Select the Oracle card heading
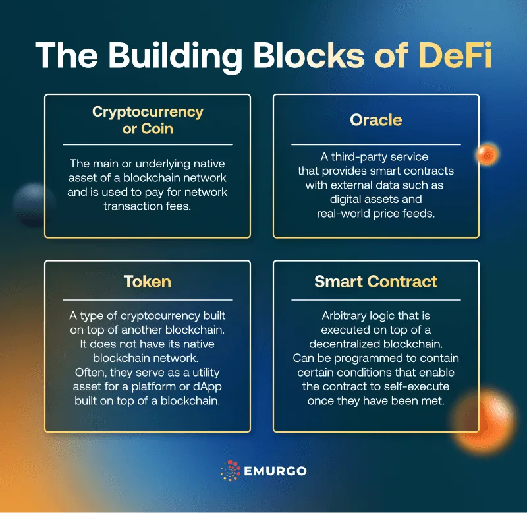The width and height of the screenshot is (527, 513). [x=375, y=120]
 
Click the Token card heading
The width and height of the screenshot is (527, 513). [x=147, y=282]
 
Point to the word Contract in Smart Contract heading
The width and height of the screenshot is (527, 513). [x=402, y=282]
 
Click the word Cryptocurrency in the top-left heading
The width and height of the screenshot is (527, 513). [x=148, y=112]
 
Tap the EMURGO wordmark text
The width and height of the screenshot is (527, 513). [x=275, y=471]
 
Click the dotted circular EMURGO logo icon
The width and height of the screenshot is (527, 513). [x=230, y=470]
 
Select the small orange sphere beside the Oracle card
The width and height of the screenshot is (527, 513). [x=487, y=154]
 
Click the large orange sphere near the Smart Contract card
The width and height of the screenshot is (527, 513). [x=484, y=421]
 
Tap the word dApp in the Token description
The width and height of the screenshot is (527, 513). [x=208, y=387]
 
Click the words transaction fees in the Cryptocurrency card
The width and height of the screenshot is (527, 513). [x=147, y=206]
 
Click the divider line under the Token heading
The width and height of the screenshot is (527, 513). [x=147, y=300]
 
